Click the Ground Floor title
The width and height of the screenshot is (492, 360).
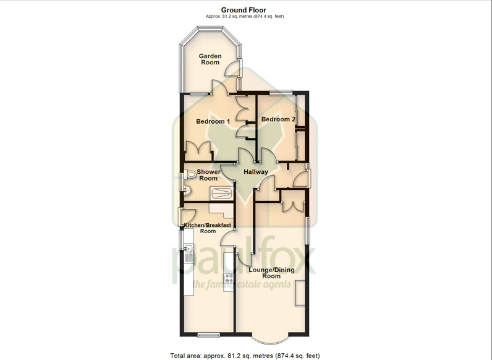[244, 10]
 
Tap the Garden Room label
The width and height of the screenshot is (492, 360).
[210, 59]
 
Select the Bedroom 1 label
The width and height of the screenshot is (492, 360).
[213, 121]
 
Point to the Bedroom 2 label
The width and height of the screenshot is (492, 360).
[278, 119]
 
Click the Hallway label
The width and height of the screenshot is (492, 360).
[256, 172]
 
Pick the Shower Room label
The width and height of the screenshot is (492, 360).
[208, 175]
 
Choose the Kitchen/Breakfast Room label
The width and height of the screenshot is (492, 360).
[208, 228]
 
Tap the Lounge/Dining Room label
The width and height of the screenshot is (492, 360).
[271, 273]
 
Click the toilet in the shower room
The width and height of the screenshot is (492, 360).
[189, 174]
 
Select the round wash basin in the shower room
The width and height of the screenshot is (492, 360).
[187, 190]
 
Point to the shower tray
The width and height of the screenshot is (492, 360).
[221, 192]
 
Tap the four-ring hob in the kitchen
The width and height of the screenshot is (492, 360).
[228, 278]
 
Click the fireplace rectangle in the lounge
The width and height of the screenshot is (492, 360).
[300, 293]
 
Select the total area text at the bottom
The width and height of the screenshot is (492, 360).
[245, 356]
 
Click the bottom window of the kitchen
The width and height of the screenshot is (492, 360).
[209, 335]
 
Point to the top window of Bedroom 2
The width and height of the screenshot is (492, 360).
[281, 92]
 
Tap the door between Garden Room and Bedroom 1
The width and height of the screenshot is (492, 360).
[219, 87]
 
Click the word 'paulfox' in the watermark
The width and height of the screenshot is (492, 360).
[244, 257]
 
